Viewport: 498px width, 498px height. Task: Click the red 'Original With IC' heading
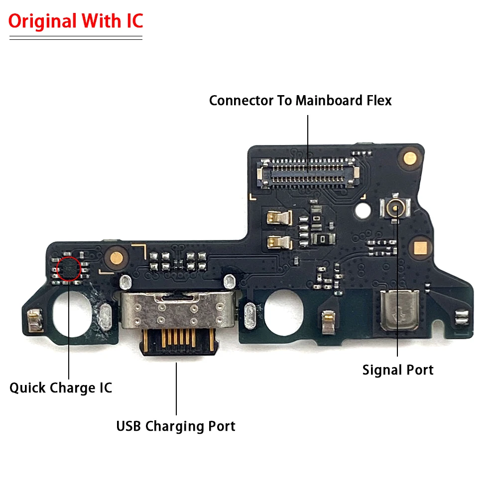[x=76, y=21]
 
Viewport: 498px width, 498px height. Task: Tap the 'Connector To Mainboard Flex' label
[x=300, y=100]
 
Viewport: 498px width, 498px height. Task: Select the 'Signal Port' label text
[x=397, y=370]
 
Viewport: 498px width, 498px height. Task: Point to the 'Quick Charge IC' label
[x=61, y=387]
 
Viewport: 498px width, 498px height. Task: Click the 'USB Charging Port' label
[x=176, y=426]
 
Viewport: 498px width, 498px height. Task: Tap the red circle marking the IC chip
[x=69, y=269]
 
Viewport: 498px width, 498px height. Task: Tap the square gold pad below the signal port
[x=419, y=247]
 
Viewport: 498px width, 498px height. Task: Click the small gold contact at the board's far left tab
[x=34, y=320]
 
